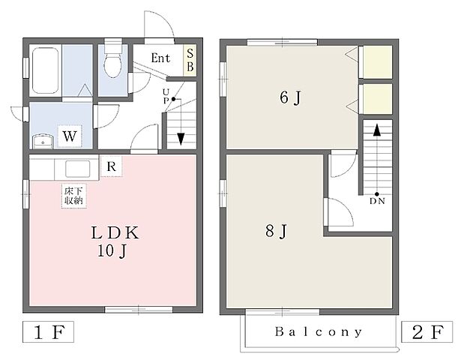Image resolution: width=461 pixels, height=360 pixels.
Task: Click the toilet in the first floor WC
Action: coord(113,58)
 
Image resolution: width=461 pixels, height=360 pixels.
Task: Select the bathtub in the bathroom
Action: coord(45,70)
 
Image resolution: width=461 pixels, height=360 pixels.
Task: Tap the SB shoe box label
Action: coord(190,60)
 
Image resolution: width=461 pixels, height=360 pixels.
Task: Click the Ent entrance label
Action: coord(160,58)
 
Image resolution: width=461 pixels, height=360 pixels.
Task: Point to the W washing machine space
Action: coord(70,136)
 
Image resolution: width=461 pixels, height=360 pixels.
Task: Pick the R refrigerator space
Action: coord(111,166)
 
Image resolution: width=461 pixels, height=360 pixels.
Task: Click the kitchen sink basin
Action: coord(78,169)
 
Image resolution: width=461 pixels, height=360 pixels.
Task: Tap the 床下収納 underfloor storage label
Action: coord(73,196)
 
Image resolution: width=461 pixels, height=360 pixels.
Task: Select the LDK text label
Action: coord(115,233)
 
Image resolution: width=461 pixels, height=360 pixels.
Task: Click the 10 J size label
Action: coord(112,251)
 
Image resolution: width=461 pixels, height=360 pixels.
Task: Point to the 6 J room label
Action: coord(291,97)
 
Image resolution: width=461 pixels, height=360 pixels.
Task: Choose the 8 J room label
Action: coord(276,231)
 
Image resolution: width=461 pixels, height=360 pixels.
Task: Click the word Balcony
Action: coord(319,331)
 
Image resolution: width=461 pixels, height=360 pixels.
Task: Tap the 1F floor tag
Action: coord(48,332)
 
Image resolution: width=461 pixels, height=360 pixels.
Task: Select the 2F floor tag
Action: coord(427,332)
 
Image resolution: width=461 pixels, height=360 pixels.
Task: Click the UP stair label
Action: coord(166,97)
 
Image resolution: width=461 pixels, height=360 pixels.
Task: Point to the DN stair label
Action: coord(377,201)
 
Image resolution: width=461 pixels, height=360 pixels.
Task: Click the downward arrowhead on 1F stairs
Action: coord(181,139)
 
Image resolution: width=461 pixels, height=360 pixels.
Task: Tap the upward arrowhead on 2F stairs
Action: coord(376,130)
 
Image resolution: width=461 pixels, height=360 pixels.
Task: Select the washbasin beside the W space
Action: coord(43,142)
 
